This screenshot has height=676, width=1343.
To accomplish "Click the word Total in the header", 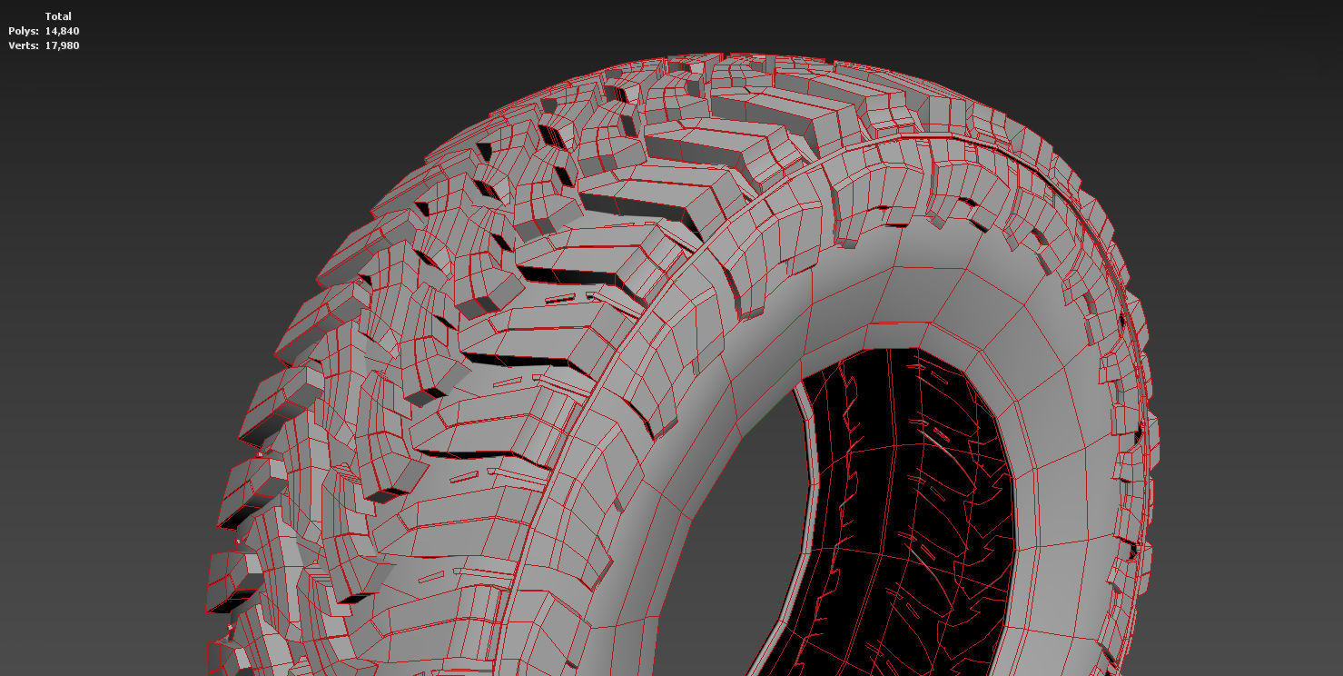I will click(58, 16).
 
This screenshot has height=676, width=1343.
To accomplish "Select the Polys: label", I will click(24, 31).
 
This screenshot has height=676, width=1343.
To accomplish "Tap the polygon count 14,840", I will click(63, 31).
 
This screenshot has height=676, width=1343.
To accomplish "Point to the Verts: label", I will click(24, 45).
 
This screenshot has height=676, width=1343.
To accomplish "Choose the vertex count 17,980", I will click(63, 45).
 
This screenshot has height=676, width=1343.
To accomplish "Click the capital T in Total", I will click(48, 16).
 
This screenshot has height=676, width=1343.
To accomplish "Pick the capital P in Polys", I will click(11, 31).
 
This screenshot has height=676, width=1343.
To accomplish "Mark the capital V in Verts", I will click(11, 45).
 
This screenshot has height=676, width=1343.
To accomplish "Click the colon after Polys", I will click(37, 32).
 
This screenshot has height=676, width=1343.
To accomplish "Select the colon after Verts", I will click(37, 46).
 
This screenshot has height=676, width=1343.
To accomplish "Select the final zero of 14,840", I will click(76, 31).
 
